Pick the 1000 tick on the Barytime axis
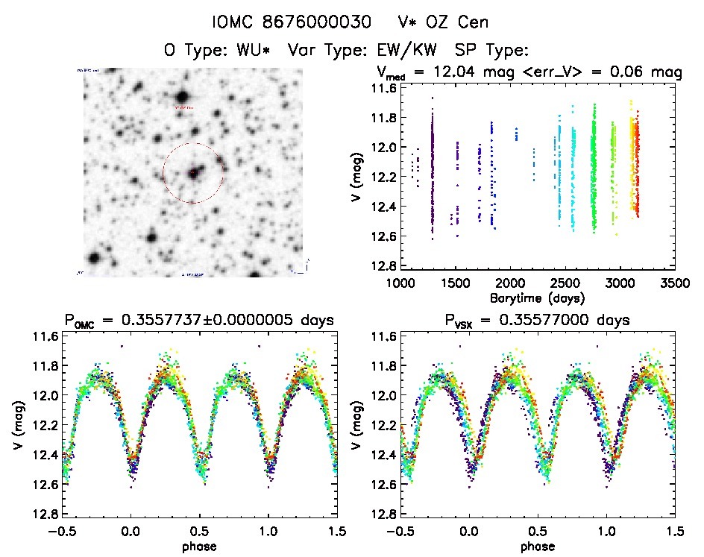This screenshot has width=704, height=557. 400,283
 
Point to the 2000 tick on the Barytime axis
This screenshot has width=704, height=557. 510,283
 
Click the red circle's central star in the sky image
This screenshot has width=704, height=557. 193,173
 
